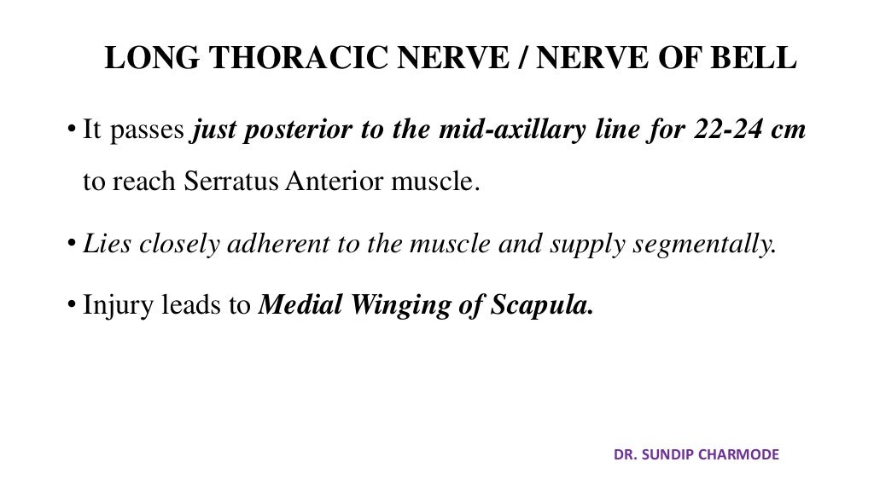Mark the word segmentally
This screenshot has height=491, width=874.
(704, 245)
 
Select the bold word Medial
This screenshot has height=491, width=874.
(294, 306)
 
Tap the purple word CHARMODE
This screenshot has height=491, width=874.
(742, 454)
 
